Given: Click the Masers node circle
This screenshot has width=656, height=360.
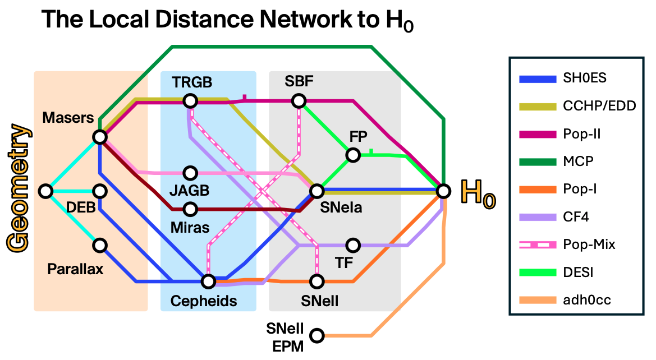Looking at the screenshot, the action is click(x=100, y=137).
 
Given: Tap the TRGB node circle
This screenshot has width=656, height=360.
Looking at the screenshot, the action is click(x=190, y=101).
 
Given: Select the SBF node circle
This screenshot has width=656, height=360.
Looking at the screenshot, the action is click(x=299, y=101).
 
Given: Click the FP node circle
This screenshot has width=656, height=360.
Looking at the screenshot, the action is click(x=352, y=155).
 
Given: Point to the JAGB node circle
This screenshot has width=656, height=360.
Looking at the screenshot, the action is click(x=190, y=173).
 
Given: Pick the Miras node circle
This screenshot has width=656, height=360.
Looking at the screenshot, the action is click(x=190, y=209).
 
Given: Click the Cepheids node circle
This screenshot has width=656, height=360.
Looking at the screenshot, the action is click(x=208, y=281).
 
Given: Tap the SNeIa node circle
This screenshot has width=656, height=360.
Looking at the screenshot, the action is click(x=316, y=191).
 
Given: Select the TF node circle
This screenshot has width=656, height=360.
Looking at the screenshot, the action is click(x=352, y=245).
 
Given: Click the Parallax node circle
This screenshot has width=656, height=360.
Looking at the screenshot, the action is click(x=100, y=245).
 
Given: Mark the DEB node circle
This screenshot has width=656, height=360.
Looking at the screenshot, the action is click(x=100, y=191).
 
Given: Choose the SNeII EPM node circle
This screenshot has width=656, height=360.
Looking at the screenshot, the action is click(x=316, y=336).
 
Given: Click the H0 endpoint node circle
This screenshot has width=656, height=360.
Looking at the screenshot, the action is click(x=443, y=191).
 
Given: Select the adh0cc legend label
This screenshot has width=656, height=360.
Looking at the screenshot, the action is click(x=586, y=301).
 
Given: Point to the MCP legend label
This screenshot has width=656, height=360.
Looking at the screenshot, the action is click(x=578, y=161).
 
